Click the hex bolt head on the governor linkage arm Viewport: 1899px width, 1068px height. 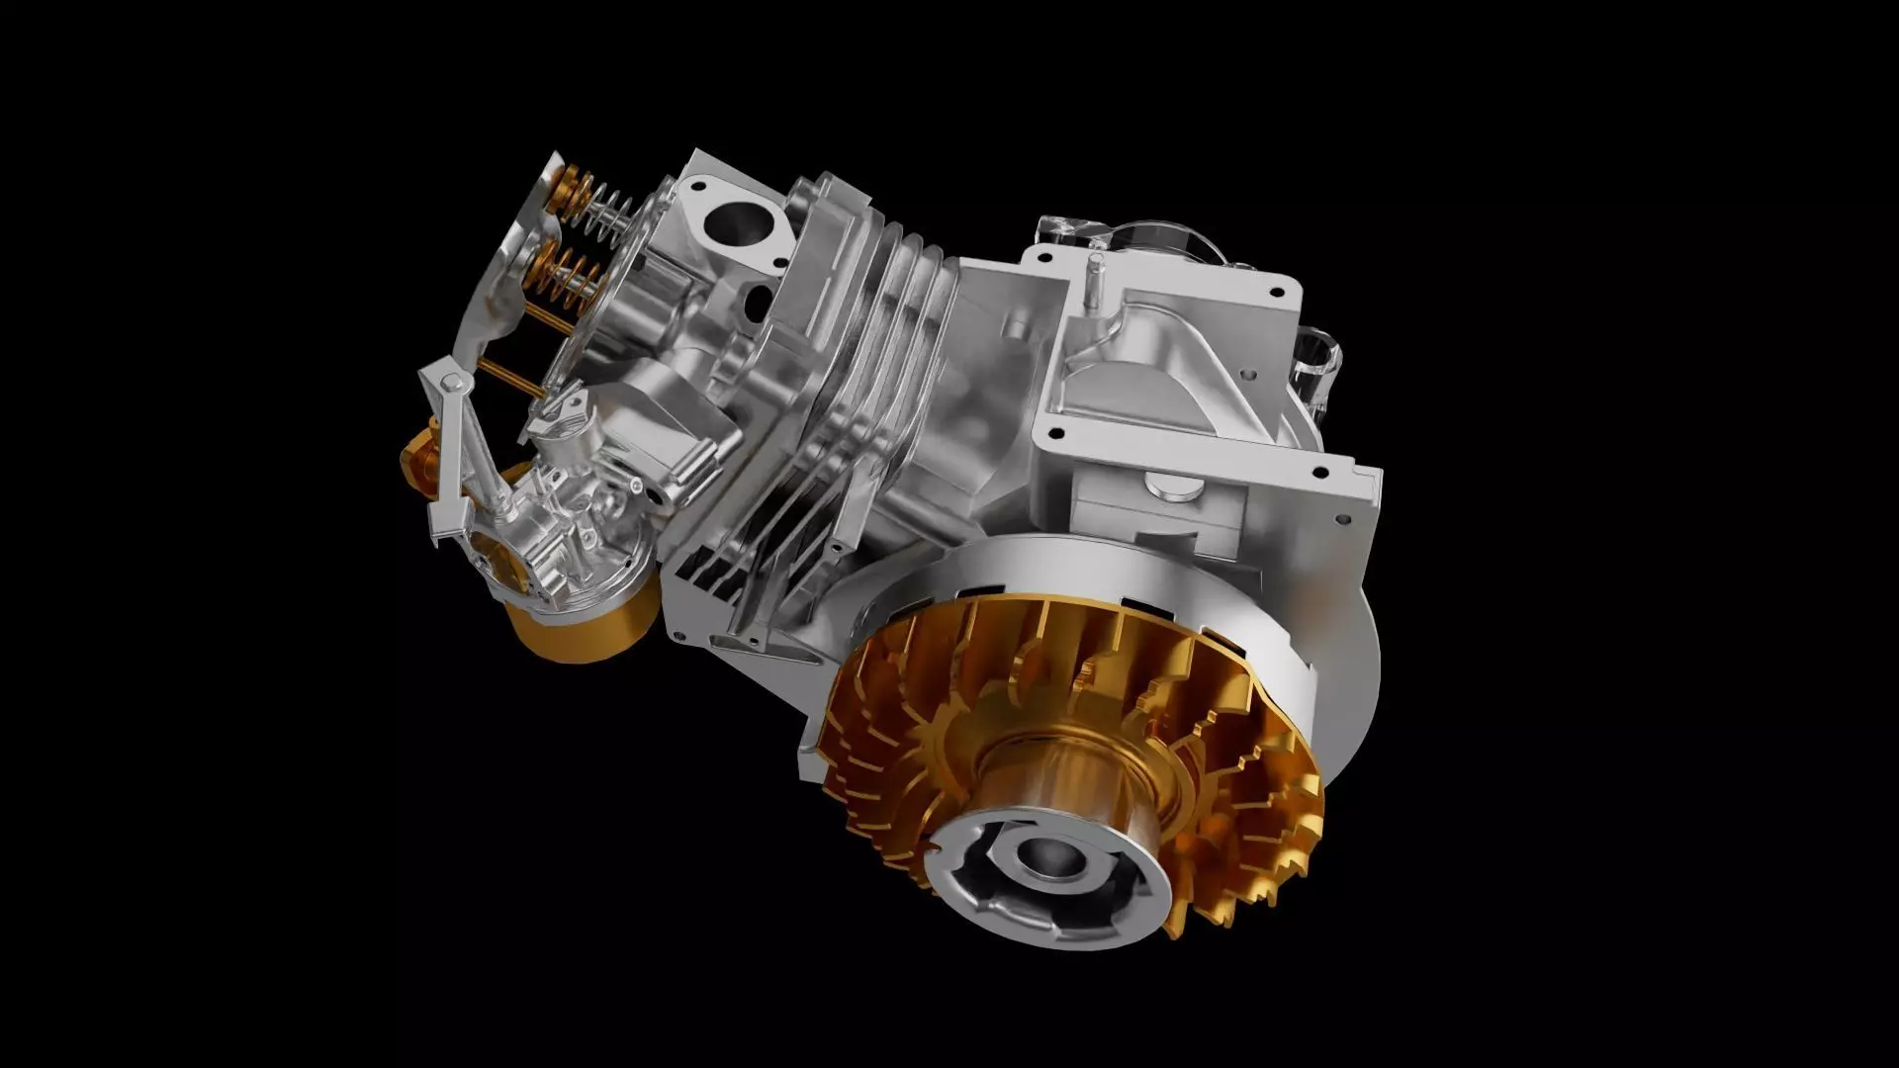[450, 382]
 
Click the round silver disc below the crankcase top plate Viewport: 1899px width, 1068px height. [1172, 484]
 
